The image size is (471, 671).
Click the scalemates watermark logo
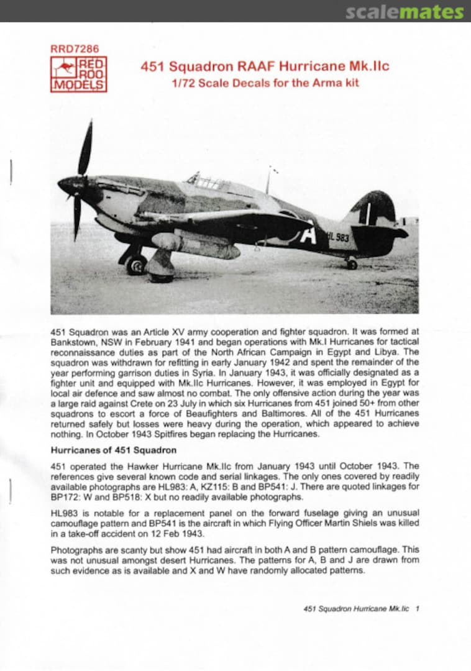pyautogui.click(x=404, y=12)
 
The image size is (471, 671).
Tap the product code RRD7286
pyautogui.click(x=74, y=48)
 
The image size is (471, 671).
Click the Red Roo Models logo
pyautogui.click(x=78, y=75)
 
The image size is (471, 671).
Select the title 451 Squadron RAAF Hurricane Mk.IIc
pyautogui.click(x=265, y=66)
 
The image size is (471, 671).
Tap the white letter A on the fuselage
pyautogui.click(x=309, y=234)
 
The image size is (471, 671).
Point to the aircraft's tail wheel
pyautogui.click(x=352, y=264)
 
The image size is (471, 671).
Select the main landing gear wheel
pyautogui.click(x=136, y=263)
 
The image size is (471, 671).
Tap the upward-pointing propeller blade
pyautogui.click(x=85, y=149)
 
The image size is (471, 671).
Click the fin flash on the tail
pyautogui.click(x=368, y=213)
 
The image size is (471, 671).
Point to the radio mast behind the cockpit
pyautogui.click(x=268, y=181)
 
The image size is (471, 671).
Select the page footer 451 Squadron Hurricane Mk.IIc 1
pyautogui.click(x=361, y=609)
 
